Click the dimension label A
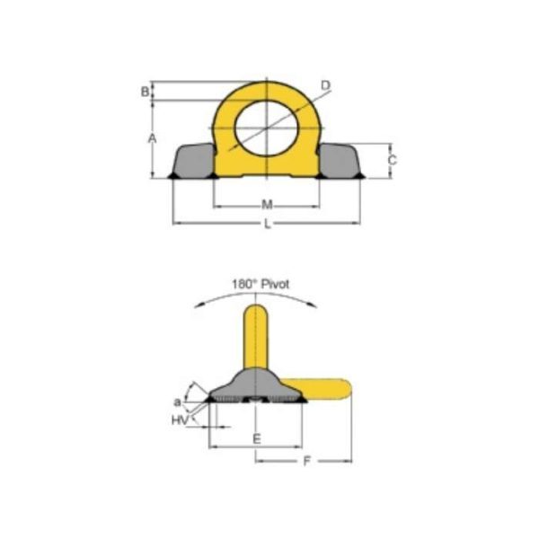tap(153, 137)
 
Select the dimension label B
tap(145, 91)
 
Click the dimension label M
tap(267, 204)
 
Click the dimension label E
tap(256, 438)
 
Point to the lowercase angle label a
tap(177, 402)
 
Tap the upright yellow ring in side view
tap(257, 337)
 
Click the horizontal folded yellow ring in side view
tap(328, 388)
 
